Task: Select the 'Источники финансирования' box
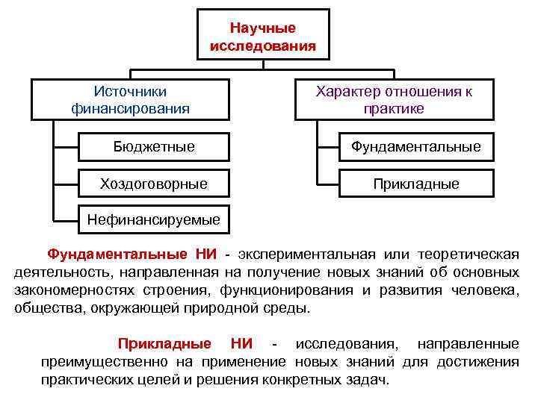(130, 99)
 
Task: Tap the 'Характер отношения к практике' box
(394, 99)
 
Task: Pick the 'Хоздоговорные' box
(154, 183)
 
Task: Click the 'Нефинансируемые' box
(154, 219)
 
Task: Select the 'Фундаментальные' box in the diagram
(416, 146)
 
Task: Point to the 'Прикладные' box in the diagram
(416, 183)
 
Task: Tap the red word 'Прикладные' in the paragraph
(164, 344)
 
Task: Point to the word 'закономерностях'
(70, 290)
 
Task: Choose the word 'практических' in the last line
(85, 379)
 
